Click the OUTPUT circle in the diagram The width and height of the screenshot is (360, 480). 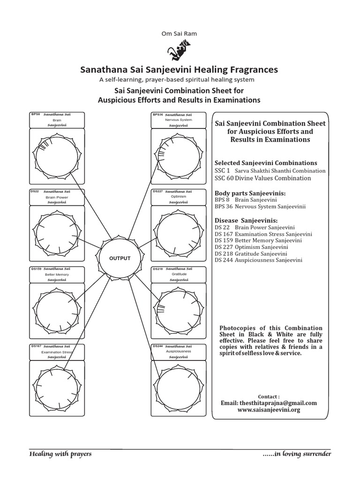click(x=120, y=258)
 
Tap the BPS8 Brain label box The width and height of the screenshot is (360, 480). click(x=57, y=120)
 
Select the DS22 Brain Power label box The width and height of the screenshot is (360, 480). click(x=57, y=197)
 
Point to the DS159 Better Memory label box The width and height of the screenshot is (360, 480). click(x=57, y=274)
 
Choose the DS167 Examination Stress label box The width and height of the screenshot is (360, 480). click(x=57, y=352)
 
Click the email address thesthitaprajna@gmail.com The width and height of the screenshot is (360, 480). click(x=268, y=403)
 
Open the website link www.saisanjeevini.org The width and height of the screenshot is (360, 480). click(x=269, y=410)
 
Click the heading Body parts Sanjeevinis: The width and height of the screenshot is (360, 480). click(x=250, y=193)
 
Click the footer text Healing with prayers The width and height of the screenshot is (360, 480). click(x=60, y=454)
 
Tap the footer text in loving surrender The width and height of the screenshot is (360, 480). click(x=297, y=454)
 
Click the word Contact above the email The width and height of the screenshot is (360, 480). click(x=271, y=396)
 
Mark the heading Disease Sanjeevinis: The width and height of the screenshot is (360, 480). click(x=246, y=220)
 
